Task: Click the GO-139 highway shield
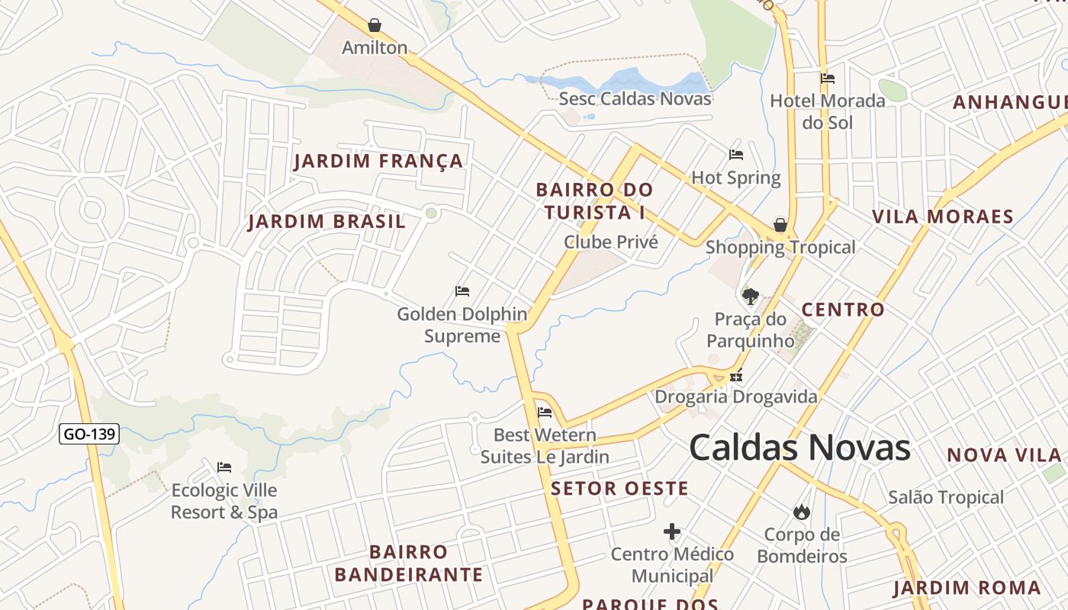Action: tap(89, 434)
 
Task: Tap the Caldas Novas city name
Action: tap(799, 448)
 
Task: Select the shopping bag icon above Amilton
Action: tap(375, 25)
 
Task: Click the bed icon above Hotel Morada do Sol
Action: tap(827, 78)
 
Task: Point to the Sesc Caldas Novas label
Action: tap(635, 98)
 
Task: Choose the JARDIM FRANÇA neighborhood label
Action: tap(378, 161)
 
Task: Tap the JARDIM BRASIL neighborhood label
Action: tap(327, 222)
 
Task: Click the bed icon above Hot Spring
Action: tap(736, 155)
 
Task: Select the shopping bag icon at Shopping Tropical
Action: tap(780, 225)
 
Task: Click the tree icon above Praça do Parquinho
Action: tap(751, 296)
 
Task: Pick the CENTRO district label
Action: tap(842, 310)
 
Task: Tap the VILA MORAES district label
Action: tap(943, 217)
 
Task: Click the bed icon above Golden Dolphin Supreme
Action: tap(462, 291)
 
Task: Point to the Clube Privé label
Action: tap(610, 242)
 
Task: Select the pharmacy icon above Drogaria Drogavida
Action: tap(736, 374)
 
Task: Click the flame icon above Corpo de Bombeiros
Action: tap(801, 512)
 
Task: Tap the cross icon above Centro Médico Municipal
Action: tap(672, 531)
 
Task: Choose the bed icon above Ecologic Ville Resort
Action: tap(224, 467)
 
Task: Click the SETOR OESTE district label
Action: tap(619, 488)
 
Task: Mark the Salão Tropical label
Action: tap(945, 497)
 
